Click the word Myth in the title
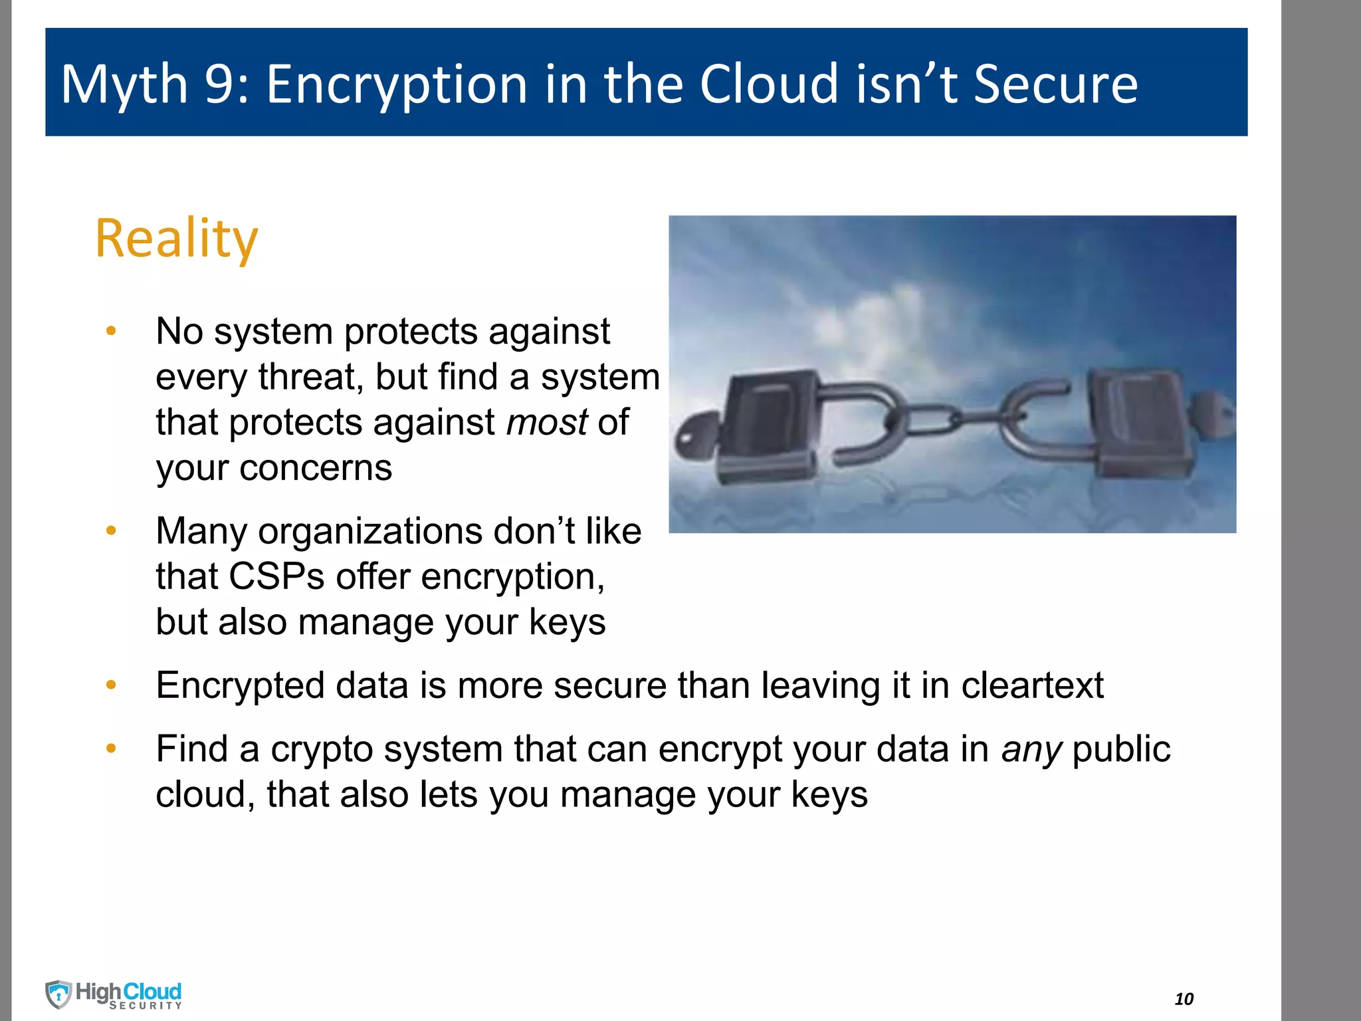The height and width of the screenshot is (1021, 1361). [x=124, y=84]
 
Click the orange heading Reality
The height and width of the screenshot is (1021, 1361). [x=176, y=238]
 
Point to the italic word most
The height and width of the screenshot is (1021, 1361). [x=547, y=422]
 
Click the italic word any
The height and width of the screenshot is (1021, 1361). [x=1031, y=749]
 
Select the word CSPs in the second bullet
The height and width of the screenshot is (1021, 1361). [x=276, y=576]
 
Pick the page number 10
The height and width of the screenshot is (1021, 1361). [x=1184, y=998]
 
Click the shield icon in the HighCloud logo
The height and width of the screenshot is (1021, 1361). [x=58, y=994]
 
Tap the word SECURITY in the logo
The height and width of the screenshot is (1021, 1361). [x=146, y=1006]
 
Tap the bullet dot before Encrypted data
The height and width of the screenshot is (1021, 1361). [x=111, y=685]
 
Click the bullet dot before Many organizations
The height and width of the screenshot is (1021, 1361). [x=111, y=530]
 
